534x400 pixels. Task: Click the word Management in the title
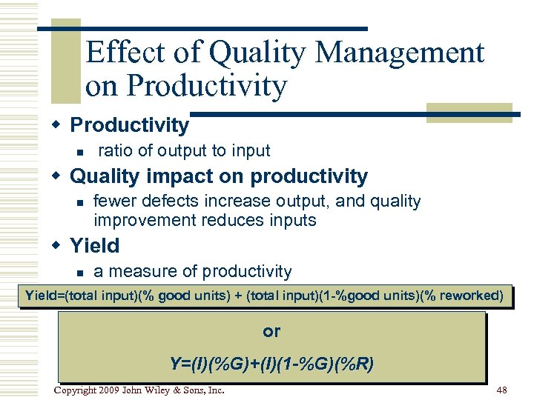[400, 53]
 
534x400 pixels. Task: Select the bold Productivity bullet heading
[129, 124]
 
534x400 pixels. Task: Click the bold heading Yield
[94, 245]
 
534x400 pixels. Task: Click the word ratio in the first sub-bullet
[116, 151]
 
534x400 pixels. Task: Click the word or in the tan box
[271, 332]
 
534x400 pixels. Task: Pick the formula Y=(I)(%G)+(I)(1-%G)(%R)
[271, 364]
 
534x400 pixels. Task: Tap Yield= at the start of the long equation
[44, 296]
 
